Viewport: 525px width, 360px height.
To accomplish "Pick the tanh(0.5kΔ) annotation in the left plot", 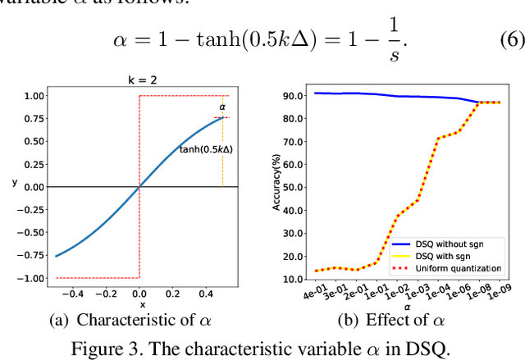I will (207, 149).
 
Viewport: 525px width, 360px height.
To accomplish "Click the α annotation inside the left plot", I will (221, 107).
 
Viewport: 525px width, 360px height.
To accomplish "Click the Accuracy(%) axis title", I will (277, 186).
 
